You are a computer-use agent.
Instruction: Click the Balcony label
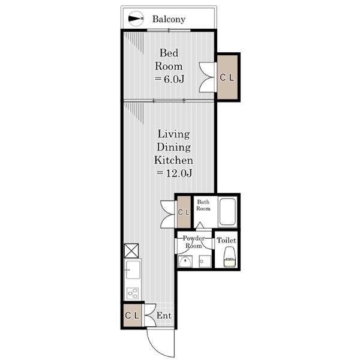point(169,19)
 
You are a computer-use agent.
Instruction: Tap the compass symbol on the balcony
point(136,19)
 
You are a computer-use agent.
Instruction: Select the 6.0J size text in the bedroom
point(169,79)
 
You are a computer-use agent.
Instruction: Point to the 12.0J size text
point(174,173)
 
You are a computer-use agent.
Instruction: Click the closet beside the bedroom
point(227,77)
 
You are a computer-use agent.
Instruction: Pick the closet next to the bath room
point(184,212)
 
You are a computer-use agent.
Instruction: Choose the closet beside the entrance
point(132,316)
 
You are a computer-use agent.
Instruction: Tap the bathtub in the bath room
point(227,212)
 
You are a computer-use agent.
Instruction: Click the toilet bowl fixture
point(230,257)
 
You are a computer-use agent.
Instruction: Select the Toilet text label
point(226,241)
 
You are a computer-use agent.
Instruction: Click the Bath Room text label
point(203,205)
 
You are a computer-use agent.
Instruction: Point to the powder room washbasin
point(185,262)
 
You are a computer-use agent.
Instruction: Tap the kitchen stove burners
point(133,293)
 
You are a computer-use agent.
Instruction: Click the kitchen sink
point(133,270)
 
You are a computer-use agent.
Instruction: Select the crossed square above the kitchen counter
point(131,251)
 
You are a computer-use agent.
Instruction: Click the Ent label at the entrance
point(164,316)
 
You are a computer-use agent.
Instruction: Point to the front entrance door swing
point(160,343)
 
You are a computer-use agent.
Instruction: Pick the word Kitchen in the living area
point(173,160)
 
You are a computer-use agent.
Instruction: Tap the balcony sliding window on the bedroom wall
point(169,31)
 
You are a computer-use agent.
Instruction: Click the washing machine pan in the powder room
point(205,261)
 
